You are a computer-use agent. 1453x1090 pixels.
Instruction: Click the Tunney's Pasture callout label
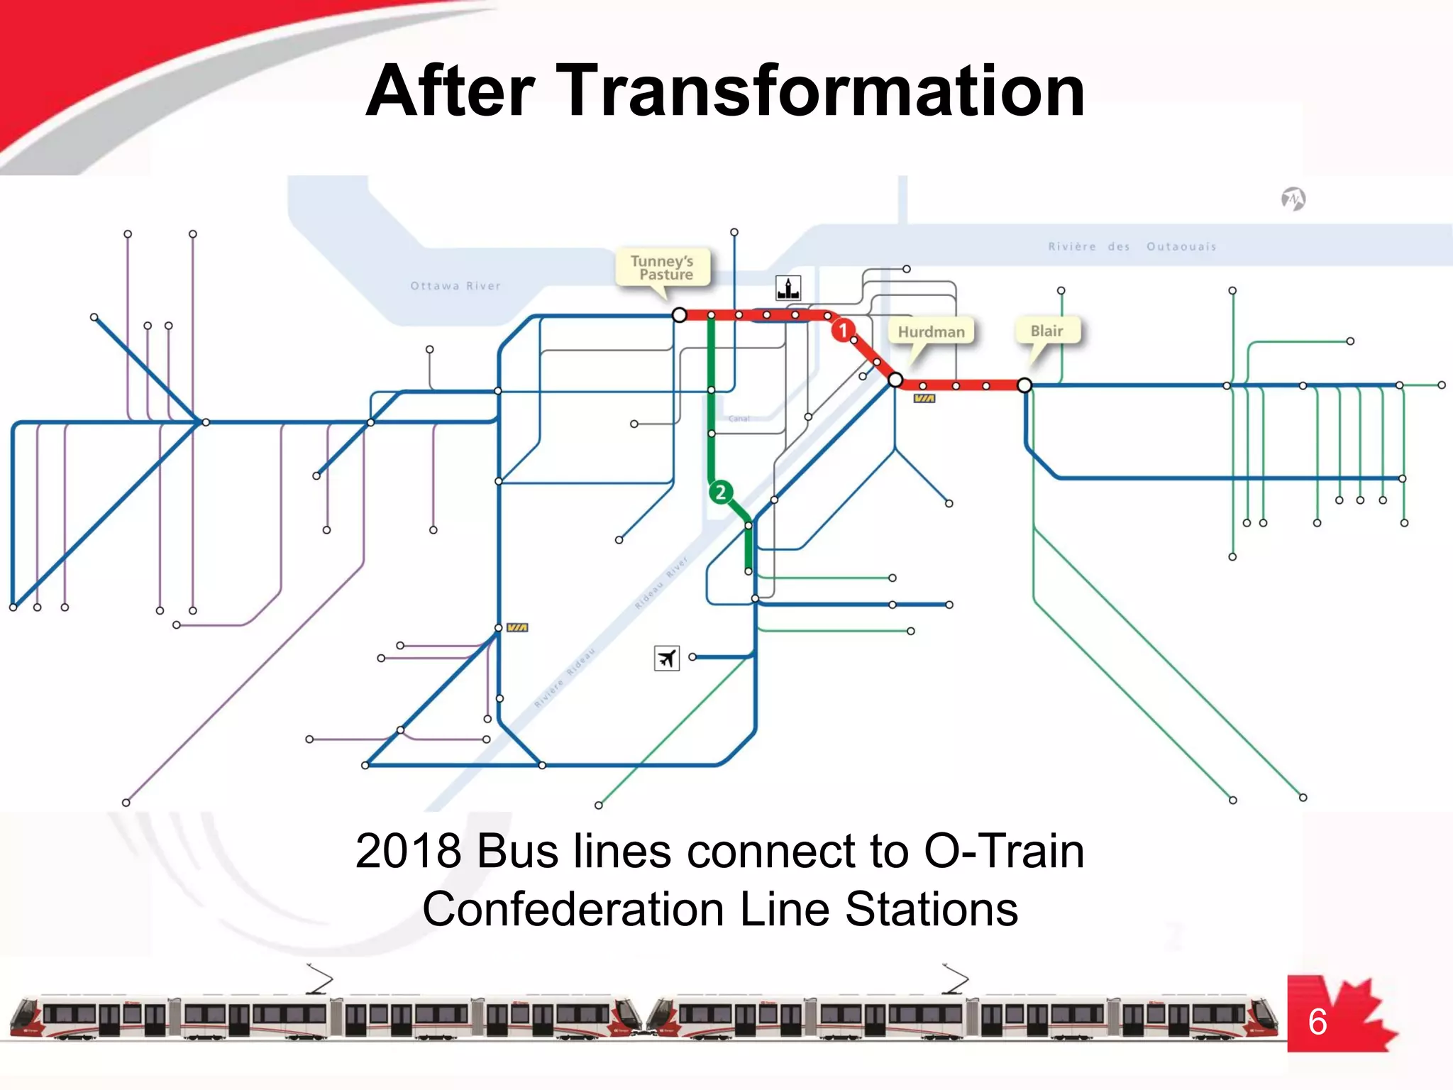coord(662,268)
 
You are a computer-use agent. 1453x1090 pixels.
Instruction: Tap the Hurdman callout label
coord(931,331)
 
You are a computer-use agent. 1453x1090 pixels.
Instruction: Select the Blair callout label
coord(1046,331)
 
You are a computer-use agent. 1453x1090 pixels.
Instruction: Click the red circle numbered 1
coord(843,330)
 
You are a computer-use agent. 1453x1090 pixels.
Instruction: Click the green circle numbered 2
coord(720,492)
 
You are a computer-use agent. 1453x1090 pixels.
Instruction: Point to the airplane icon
coord(666,659)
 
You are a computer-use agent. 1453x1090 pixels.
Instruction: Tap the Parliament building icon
coord(788,288)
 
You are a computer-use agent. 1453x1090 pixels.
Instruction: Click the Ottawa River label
coord(455,286)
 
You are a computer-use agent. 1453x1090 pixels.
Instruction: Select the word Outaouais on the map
coord(1181,246)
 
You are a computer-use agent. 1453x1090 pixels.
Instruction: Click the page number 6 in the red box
coord(1317,1022)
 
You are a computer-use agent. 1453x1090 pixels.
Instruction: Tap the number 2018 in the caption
coord(407,851)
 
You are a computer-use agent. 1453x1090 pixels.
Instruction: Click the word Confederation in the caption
coord(573,909)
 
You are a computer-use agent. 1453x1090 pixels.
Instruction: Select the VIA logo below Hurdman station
coord(924,399)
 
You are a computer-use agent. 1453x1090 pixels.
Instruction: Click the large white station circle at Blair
coord(1024,385)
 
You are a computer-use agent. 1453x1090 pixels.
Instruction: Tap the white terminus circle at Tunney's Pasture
coord(679,314)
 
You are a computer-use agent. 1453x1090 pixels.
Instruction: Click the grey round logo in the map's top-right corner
coord(1293,199)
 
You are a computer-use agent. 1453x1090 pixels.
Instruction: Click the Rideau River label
coord(661,583)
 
